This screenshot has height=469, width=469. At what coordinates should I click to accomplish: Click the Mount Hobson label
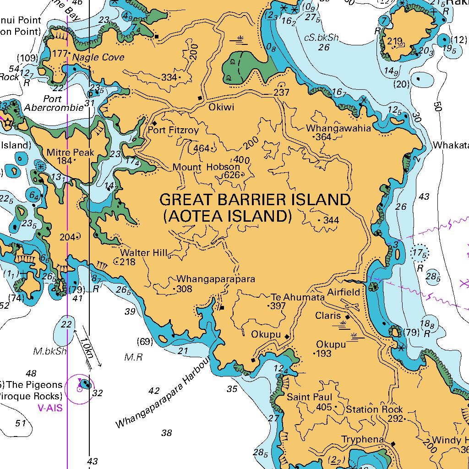point(206,167)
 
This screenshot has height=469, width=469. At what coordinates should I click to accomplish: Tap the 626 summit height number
point(232,175)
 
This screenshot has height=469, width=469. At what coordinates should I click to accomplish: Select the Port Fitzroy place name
point(173,131)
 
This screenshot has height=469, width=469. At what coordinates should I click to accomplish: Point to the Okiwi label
point(221,108)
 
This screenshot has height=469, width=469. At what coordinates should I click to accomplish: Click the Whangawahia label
point(338,128)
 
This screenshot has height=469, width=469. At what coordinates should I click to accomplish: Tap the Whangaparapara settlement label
point(216,279)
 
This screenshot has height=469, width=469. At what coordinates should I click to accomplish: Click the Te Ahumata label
point(297,297)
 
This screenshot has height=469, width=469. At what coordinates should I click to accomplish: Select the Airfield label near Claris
point(347,292)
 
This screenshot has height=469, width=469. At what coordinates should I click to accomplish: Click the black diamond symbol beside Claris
point(348,317)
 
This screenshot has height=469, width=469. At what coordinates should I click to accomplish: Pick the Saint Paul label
point(310,397)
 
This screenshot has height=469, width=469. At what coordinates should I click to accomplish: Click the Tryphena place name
point(363,440)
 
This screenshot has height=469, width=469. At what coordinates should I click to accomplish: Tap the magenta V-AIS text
point(50,408)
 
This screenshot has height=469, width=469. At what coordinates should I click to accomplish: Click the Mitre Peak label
point(70,152)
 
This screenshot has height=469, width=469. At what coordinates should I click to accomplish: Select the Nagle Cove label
point(98,57)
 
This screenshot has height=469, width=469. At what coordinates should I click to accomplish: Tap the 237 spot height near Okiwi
point(281,93)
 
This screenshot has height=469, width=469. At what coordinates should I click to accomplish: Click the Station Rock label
point(374,409)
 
